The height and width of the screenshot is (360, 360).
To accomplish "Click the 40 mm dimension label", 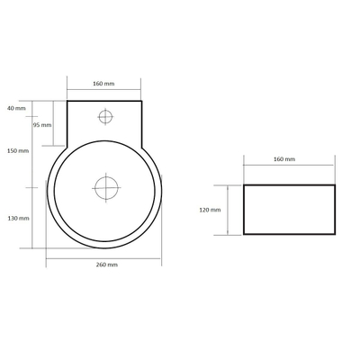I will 16,108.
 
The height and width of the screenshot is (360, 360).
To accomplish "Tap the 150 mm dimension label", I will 16,151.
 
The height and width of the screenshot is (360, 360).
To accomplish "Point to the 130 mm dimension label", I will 18,218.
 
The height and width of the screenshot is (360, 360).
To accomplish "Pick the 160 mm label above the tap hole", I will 103,84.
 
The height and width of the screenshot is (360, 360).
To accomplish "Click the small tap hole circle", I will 105,115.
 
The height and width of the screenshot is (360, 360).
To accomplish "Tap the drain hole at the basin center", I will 106,188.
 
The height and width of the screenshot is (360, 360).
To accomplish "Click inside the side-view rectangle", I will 289,209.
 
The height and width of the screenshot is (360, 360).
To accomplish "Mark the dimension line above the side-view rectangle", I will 289,166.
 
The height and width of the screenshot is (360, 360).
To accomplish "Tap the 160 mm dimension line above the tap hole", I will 103,90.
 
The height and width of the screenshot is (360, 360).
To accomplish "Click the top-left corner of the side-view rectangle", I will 244,185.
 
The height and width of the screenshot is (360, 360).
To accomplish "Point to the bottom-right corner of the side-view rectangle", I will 335,233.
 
